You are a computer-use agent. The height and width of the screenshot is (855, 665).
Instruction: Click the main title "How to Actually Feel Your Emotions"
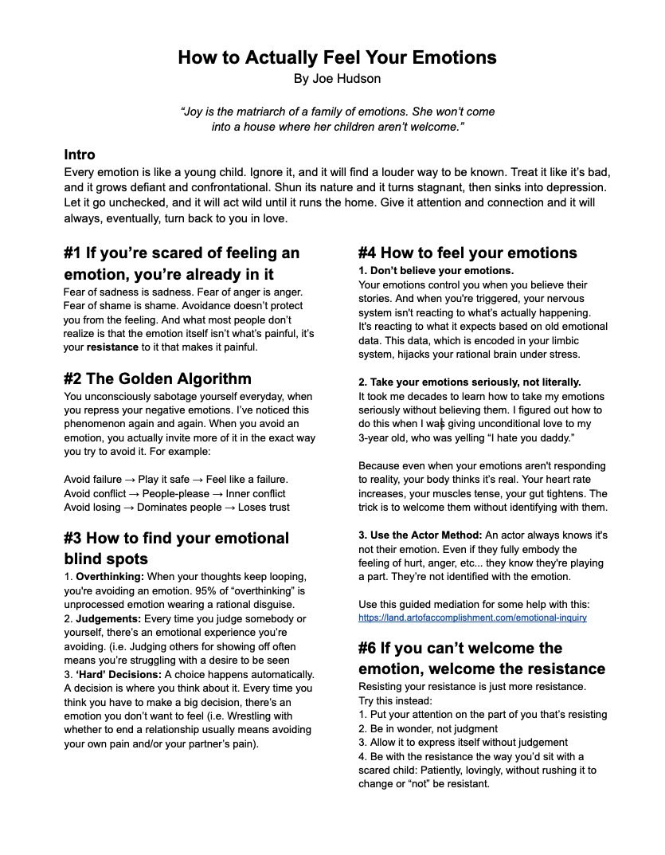[337, 58]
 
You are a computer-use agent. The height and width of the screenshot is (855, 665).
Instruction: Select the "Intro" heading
[80, 155]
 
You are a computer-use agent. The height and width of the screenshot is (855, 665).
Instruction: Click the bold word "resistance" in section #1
[113, 347]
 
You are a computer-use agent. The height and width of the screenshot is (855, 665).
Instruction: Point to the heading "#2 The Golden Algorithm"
[157, 378]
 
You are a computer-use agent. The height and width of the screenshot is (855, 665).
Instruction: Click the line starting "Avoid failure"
[175, 479]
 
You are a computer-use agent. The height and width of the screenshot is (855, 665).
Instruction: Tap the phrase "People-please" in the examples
[176, 493]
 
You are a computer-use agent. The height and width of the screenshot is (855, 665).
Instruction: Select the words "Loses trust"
[260, 507]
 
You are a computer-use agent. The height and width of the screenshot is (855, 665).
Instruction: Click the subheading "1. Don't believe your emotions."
[436, 271]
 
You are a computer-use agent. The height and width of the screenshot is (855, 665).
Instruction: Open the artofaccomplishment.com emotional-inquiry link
[471, 618]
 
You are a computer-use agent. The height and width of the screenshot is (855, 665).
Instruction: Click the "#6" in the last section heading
[371, 648]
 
